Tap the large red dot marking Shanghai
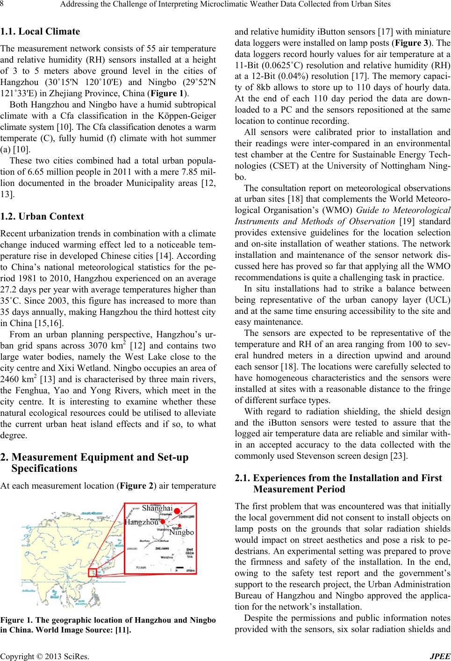click(177, 517)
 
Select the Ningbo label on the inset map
click(181, 532)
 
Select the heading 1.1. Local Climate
click(40, 32)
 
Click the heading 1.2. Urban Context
click(42, 216)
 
